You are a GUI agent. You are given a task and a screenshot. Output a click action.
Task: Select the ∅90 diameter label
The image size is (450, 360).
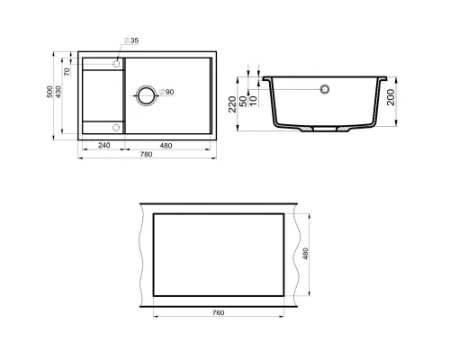point(168,92)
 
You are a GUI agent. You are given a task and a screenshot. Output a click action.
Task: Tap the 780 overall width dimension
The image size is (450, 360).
point(146,155)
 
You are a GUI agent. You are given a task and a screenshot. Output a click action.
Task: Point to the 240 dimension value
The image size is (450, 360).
point(103,145)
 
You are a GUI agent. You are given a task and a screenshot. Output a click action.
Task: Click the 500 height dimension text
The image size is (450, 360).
point(52,94)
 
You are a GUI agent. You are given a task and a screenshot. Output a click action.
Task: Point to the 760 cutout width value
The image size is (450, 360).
point(218,312)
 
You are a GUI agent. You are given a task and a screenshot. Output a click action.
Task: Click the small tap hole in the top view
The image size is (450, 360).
point(116,63)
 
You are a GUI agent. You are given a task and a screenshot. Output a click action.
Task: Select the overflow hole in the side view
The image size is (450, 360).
point(326,89)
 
